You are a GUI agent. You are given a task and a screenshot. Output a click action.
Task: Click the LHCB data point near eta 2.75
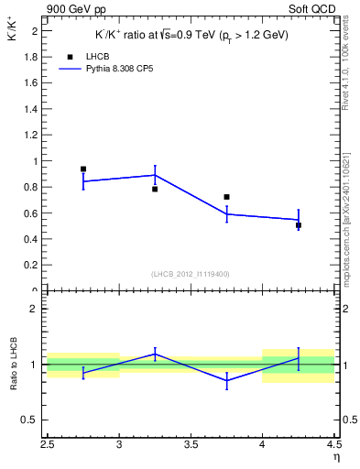click(83, 169)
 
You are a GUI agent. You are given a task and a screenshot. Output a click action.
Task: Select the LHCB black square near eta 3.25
click(155, 189)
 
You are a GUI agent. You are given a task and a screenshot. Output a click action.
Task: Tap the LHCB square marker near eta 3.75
click(226, 197)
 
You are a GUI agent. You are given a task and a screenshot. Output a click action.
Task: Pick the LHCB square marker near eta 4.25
click(299, 224)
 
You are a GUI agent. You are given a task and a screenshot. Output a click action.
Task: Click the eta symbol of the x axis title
click(335, 457)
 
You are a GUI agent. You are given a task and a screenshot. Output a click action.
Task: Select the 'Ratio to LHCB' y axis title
click(13, 365)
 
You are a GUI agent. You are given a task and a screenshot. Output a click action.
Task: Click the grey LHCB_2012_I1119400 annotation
click(191, 274)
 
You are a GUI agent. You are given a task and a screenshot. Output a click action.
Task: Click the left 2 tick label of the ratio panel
click(35, 309)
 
